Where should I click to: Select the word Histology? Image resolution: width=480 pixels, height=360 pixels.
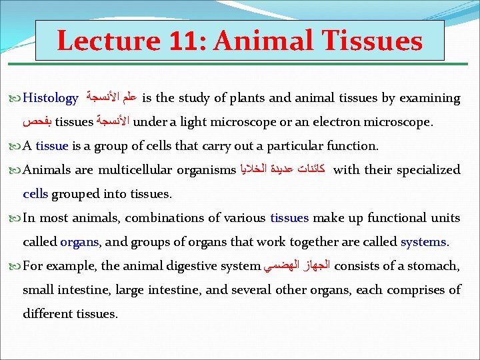pyautogui.click(x=51, y=99)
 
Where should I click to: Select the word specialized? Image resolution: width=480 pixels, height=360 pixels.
pyautogui.click(x=429, y=170)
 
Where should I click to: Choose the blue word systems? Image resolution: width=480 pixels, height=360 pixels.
pyautogui.click(x=425, y=242)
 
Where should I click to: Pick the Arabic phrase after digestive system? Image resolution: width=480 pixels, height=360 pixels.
pyautogui.click(x=297, y=266)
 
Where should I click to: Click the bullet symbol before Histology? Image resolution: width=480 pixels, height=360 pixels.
pyautogui.click(x=16, y=99)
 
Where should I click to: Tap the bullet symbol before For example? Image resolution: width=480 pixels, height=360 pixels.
pyautogui.click(x=16, y=266)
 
